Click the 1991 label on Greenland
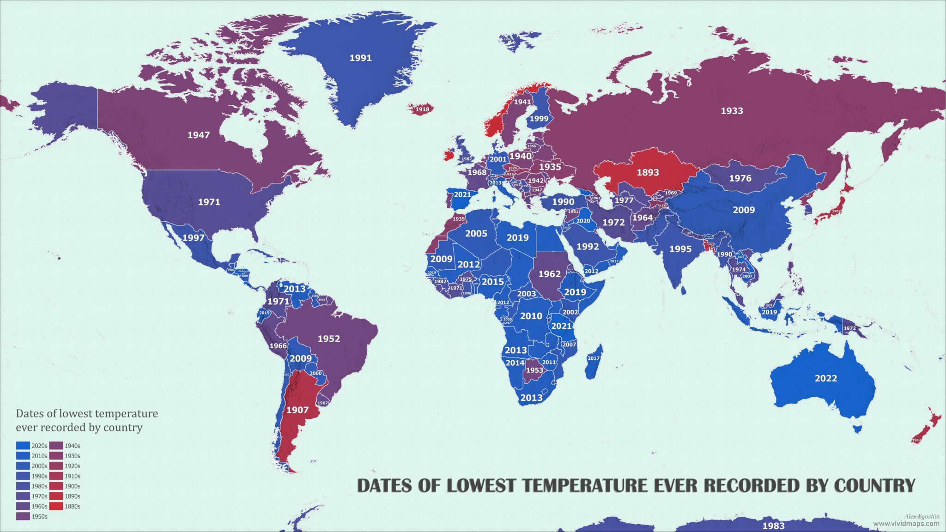360,58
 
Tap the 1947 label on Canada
198,135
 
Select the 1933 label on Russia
732,111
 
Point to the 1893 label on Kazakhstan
648,173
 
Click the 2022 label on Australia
825,378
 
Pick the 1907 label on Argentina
297,410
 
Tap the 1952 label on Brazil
328,339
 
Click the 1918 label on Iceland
422,109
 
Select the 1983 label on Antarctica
773,526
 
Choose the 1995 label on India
680,249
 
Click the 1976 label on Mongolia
740,178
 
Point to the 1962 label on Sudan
549,274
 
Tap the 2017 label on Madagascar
594,358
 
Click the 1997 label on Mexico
193,238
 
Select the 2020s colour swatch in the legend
23,446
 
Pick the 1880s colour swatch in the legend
56,506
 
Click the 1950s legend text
39,516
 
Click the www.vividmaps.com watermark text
906,524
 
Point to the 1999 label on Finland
539,119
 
